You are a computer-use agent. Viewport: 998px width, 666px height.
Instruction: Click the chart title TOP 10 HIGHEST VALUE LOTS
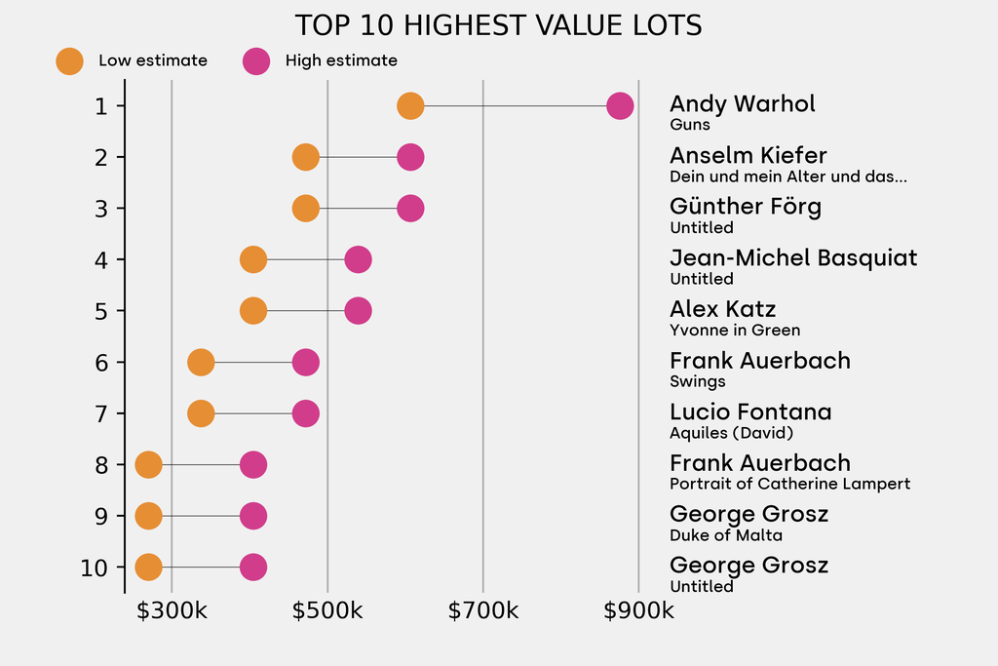[x=498, y=25]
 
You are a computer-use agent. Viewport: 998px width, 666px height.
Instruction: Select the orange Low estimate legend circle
[x=69, y=61]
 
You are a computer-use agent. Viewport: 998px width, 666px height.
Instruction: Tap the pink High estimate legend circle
[x=256, y=61]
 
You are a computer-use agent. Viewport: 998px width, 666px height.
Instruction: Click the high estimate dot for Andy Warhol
[x=620, y=105]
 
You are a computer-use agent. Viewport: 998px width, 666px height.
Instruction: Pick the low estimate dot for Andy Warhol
[x=410, y=105]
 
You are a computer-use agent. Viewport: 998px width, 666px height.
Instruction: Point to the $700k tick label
[x=483, y=610]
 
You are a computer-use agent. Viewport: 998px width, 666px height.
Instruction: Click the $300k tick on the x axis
[x=172, y=610]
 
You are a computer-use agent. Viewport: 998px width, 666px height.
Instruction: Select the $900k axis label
[x=638, y=610]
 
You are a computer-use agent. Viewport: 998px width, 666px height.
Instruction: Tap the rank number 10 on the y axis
[x=95, y=568]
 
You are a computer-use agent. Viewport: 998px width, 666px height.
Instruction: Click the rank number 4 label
[x=101, y=259]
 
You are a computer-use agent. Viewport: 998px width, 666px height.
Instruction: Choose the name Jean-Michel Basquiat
[x=793, y=257]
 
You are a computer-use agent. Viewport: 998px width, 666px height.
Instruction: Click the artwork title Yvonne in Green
[x=735, y=330]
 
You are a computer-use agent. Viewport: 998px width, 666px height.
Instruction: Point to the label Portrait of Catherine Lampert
[x=789, y=484]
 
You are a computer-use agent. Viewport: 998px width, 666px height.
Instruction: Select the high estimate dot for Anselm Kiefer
[x=410, y=157]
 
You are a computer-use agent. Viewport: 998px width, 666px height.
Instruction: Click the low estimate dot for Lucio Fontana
[x=201, y=413]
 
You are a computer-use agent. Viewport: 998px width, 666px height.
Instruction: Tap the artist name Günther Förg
[x=746, y=207]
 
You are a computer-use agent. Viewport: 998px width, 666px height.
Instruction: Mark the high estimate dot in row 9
[x=253, y=516]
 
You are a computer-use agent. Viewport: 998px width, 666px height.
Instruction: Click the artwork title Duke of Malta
[x=725, y=534]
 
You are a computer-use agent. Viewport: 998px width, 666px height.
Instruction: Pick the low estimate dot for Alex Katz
[x=253, y=311]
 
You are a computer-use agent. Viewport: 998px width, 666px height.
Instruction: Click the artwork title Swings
[x=697, y=381]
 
